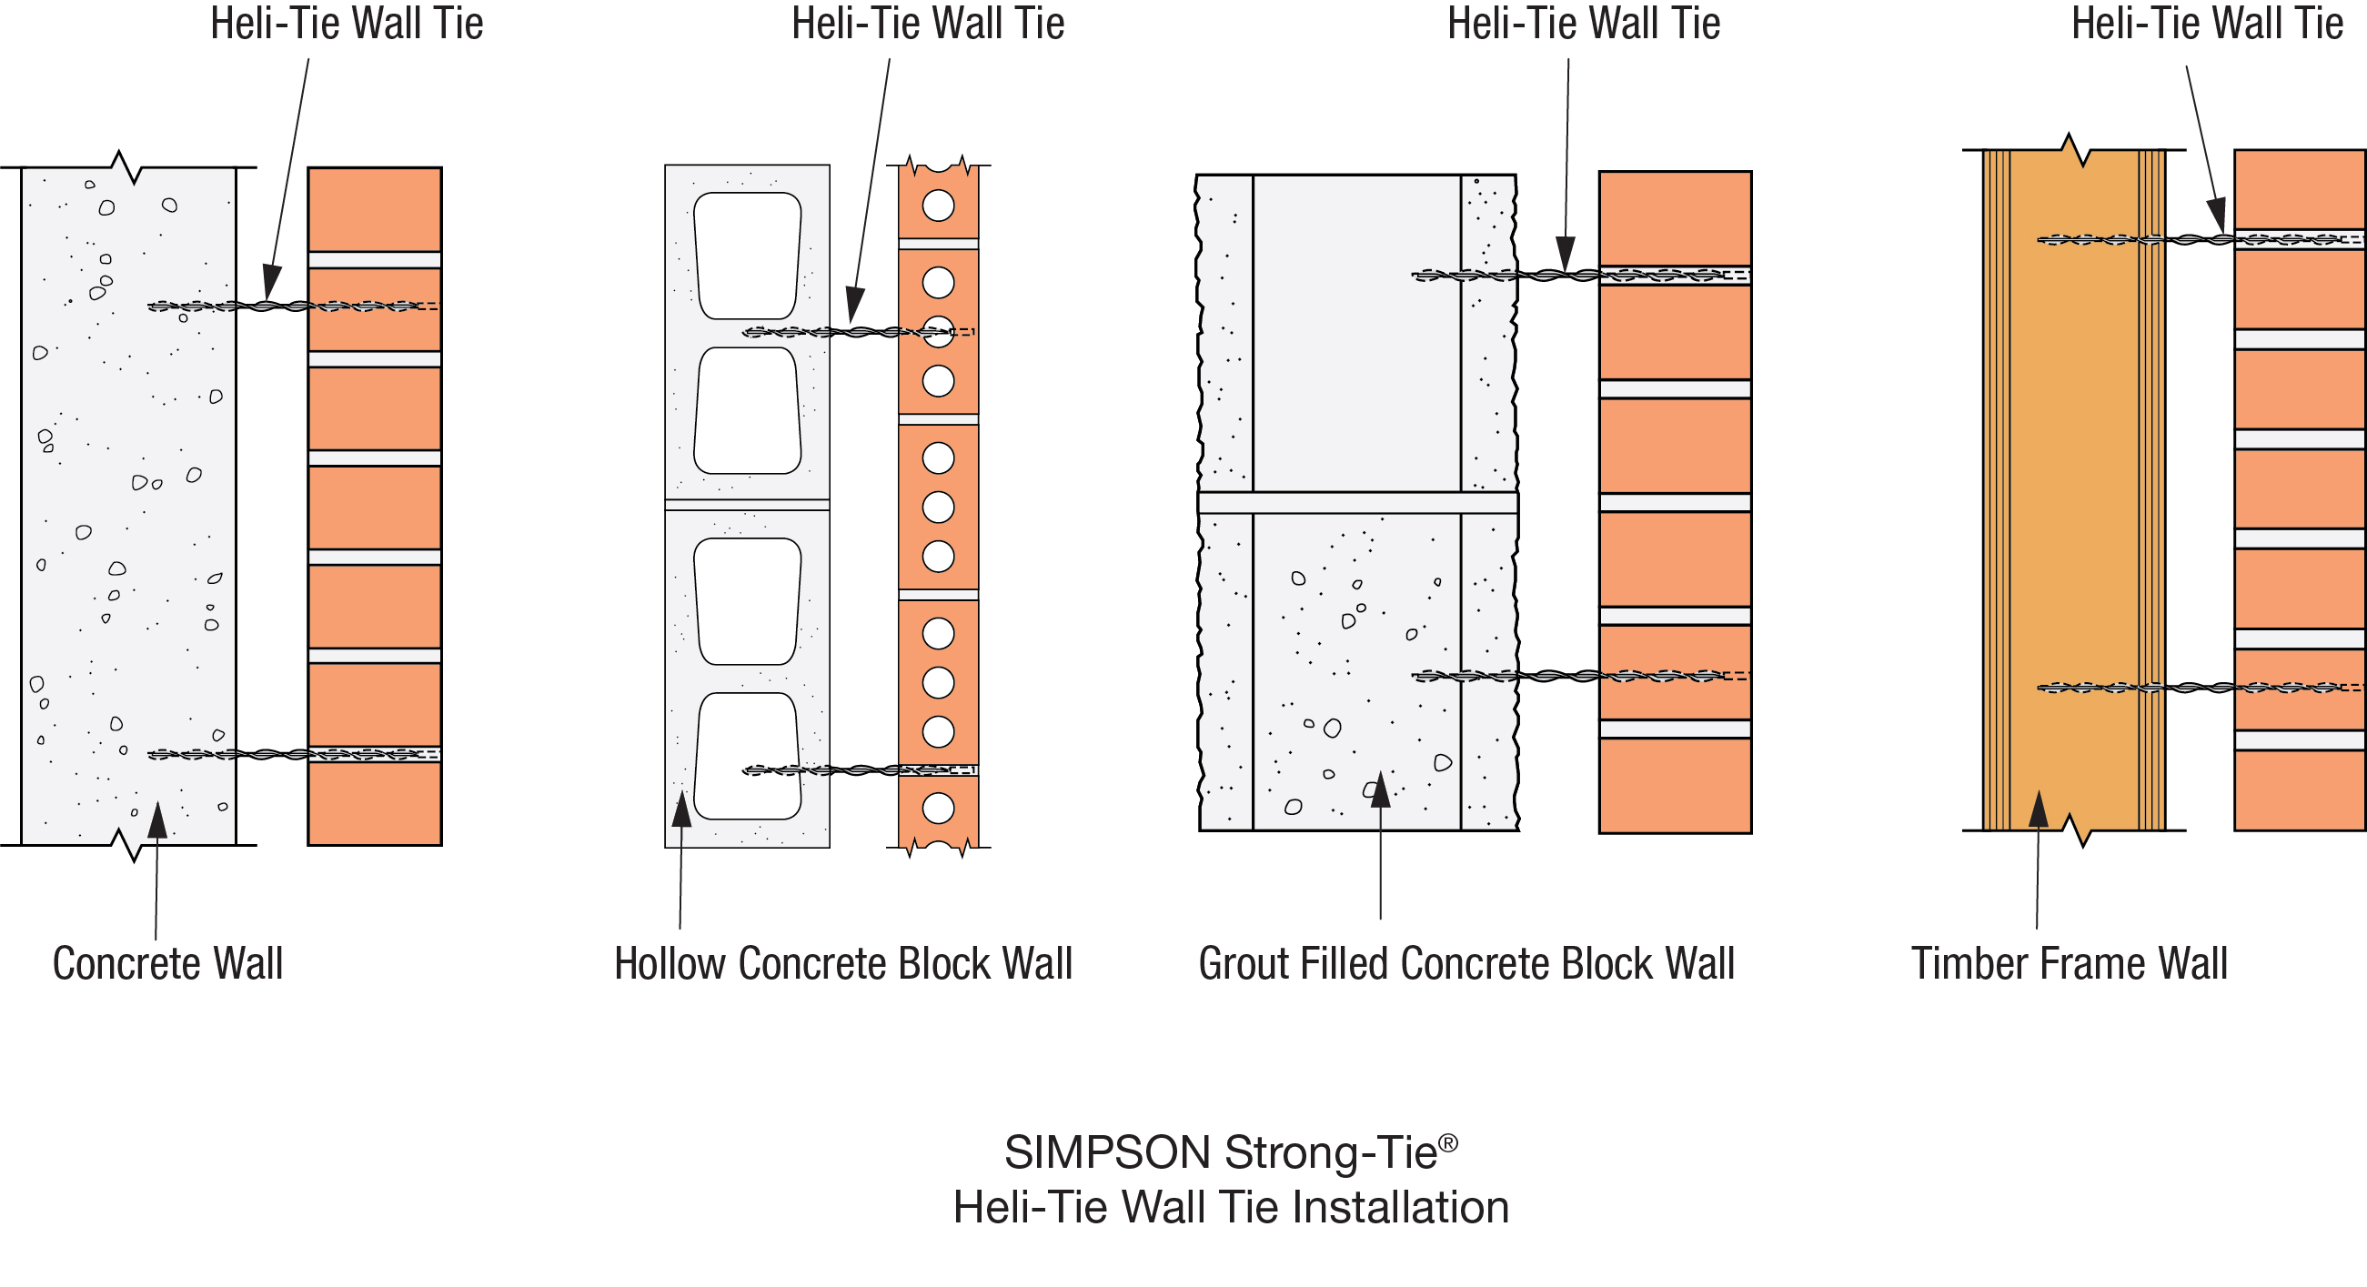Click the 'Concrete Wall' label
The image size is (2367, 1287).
coord(167,963)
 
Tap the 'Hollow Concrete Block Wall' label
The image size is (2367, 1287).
coord(842,963)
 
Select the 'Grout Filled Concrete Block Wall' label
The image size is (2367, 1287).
coord(1466,963)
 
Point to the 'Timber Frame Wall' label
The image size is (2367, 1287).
coord(2070,963)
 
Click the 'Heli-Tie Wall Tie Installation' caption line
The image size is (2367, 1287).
coord(1231,1207)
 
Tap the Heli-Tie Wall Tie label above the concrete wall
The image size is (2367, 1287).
coord(347,24)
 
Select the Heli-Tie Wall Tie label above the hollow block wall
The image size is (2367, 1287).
coord(927,24)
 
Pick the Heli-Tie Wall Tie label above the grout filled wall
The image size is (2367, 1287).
coord(1583,24)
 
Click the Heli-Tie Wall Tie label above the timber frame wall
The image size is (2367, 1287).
coord(2206,24)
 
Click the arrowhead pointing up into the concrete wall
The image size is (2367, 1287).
coord(158,820)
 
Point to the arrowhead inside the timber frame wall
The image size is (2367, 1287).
coord(2038,809)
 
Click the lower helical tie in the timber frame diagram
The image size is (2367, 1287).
coord(2196,687)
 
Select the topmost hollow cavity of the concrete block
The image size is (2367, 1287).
coord(747,255)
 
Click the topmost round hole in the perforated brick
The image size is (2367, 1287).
coord(938,206)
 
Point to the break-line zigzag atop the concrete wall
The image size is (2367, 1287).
coord(127,167)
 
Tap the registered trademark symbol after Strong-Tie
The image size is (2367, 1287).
coord(1448,1142)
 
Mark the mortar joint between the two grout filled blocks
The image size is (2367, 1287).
coord(1357,502)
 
